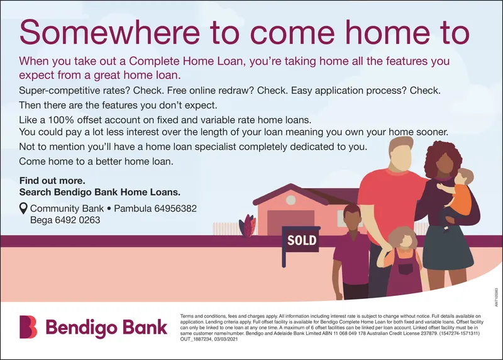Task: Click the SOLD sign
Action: (302, 240)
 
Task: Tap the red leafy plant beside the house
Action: (250, 225)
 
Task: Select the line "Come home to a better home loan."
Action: (96, 161)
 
